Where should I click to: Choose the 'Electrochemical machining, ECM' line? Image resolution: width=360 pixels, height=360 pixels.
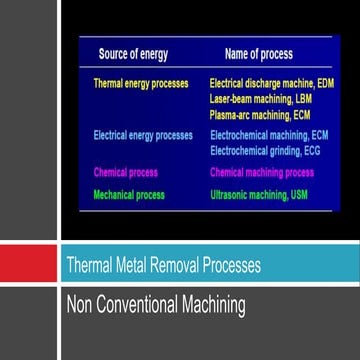(x=271, y=133)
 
